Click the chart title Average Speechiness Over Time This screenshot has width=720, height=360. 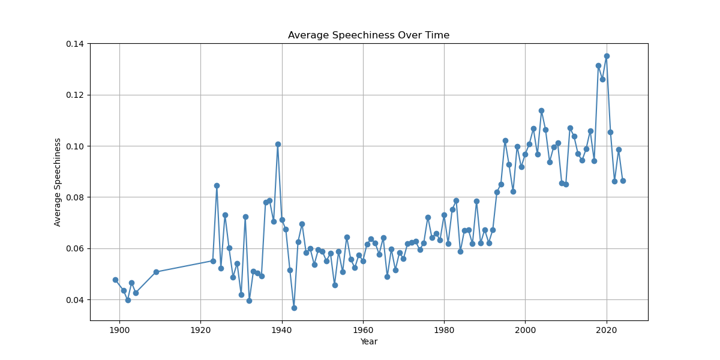click(368, 35)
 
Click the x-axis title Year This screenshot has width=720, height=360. click(368, 342)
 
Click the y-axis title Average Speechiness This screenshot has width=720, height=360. click(58, 182)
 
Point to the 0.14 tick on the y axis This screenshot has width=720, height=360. click(76, 44)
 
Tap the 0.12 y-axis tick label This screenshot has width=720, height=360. click(76, 95)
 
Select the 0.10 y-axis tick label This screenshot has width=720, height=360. click(76, 146)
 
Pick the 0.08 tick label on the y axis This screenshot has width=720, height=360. click(76, 197)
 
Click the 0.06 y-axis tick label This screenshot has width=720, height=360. click(76, 248)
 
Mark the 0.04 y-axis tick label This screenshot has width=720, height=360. click(76, 299)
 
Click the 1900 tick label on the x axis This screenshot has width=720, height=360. click(119, 330)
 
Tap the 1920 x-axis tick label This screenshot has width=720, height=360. click(200, 330)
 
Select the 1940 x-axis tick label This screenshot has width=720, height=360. click(282, 330)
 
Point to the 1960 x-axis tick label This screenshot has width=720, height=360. click(363, 330)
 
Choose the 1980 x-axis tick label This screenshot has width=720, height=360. click(444, 330)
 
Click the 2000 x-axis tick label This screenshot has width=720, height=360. click(525, 330)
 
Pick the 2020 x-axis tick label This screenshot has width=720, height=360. click(607, 330)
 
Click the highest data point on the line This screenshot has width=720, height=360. click(607, 56)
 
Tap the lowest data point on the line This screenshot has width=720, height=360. click(294, 308)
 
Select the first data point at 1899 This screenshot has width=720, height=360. click(115, 280)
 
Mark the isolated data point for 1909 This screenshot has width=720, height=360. click(156, 272)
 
